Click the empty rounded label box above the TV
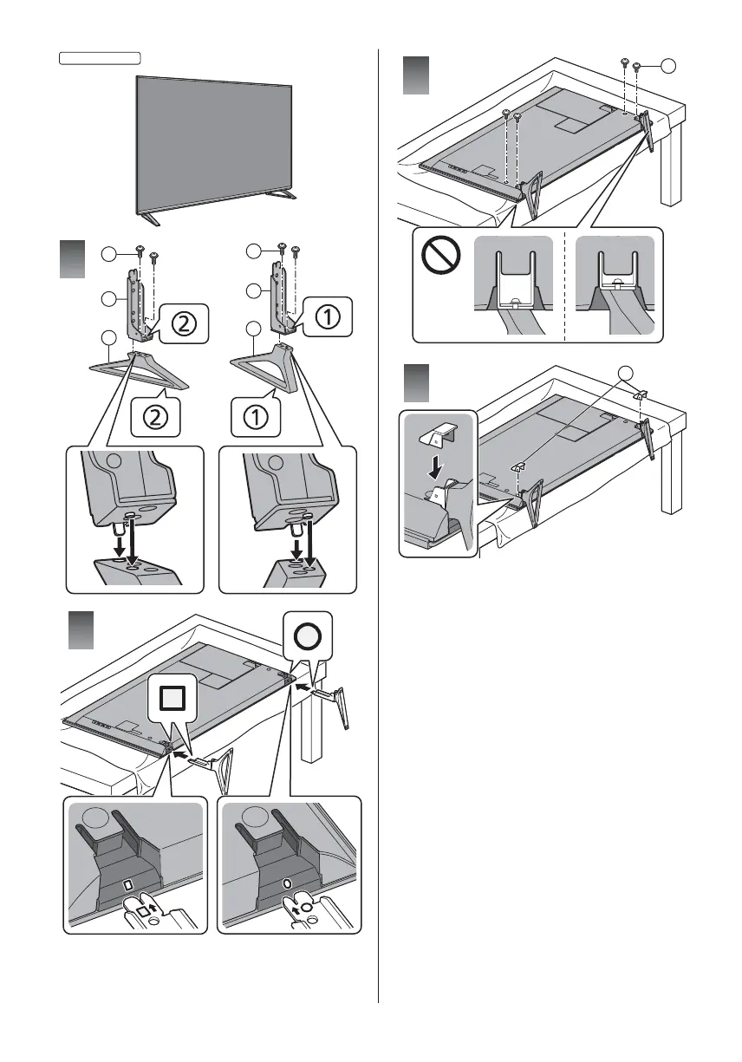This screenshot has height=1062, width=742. coord(101,58)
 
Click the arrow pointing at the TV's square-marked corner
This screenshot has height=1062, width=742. coord(180,754)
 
